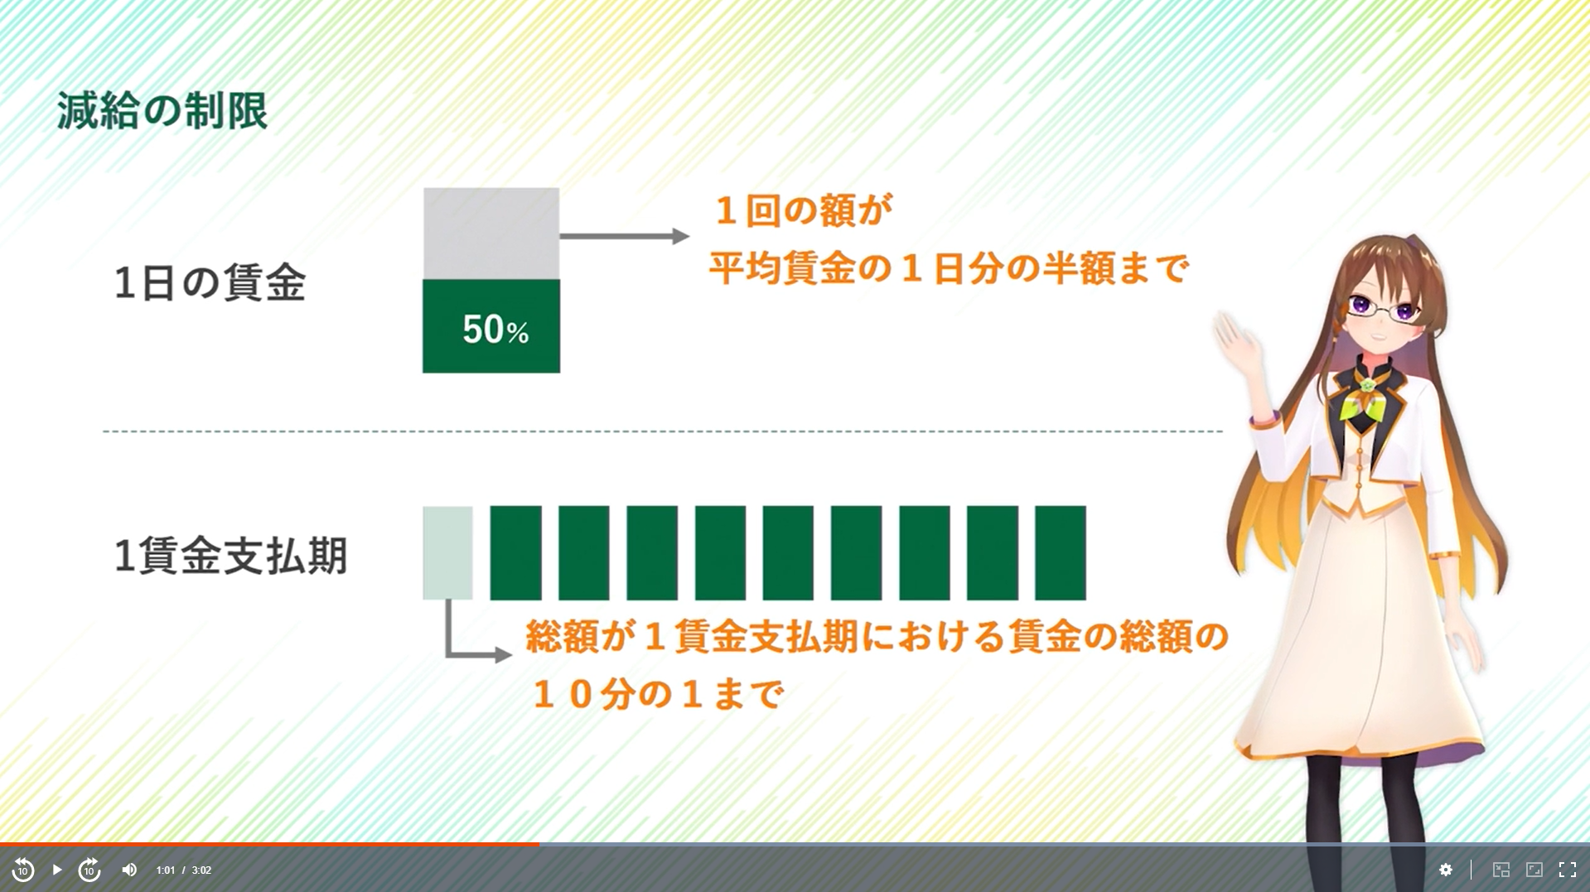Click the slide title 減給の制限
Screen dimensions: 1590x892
[x=162, y=110]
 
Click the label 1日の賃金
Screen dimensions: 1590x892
[x=210, y=282]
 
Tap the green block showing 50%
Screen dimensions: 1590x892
[x=491, y=326]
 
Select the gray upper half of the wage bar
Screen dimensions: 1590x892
[x=491, y=234]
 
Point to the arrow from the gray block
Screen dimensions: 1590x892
[x=625, y=236]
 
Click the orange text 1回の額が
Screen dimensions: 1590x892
[x=803, y=210]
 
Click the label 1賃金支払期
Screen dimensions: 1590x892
[x=230, y=555]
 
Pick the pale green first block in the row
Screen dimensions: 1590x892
[x=447, y=552]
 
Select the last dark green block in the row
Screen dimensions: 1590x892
[x=1061, y=552]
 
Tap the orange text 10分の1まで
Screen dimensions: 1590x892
[x=657, y=694]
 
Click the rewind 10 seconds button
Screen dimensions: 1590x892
[x=23, y=870]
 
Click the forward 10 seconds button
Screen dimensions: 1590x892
[x=89, y=870]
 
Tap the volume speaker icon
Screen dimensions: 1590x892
[x=129, y=870]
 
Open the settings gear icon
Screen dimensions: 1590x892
[x=1446, y=870]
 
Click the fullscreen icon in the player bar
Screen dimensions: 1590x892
[x=1568, y=870]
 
